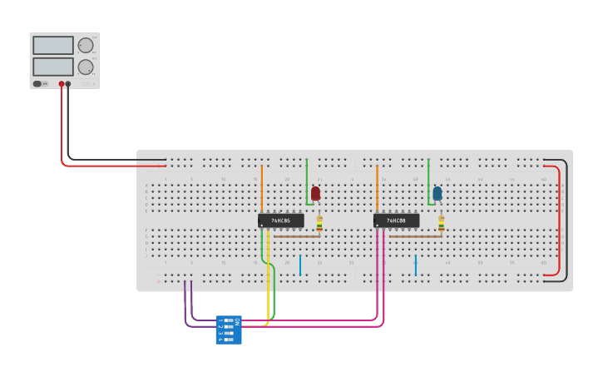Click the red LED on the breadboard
tap(315, 193)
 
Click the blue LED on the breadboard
tap(437, 193)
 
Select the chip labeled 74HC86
tap(280, 221)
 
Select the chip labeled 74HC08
tap(396, 221)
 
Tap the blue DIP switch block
tap(229, 330)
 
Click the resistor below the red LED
tap(319, 222)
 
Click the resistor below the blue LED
tap(441, 222)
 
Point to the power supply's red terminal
tap(62, 84)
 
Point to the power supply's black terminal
tap(68, 84)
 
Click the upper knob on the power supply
tap(86, 45)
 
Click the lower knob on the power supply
tap(86, 67)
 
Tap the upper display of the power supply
tap(53, 45)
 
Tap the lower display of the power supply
tap(53, 66)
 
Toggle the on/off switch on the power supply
tap(38, 83)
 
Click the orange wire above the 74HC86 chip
tap(262, 187)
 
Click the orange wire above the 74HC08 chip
tap(377, 187)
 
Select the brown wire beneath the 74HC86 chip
tap(297, 236)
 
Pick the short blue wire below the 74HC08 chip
tap(415, 265)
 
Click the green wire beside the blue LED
tap(428, 179)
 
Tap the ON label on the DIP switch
tap(237, 321)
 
